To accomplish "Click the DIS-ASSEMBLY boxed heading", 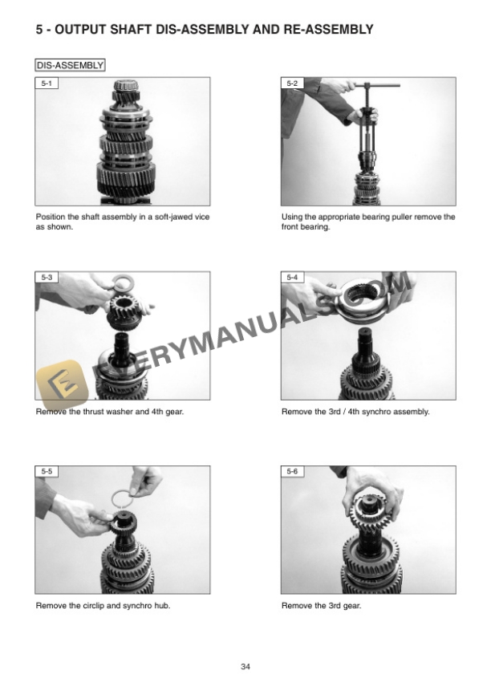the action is tap(70, 65).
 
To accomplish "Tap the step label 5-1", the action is tap(47, 83).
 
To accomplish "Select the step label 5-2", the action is tap(292, 83).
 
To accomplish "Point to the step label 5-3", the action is tap(47, 277).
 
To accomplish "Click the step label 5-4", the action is tap(292, 277).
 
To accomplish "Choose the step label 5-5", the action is tap(47, 471).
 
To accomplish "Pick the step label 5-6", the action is tap(292, 471).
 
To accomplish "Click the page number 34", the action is tap(245, 666).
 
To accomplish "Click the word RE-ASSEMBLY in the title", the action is tap(328, 29).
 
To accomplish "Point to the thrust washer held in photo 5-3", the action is tap(123, 282).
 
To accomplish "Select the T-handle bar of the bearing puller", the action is tap(377, 84).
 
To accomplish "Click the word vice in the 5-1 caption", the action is tap(201, 217).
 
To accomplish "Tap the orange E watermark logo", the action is tap(61, 384).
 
